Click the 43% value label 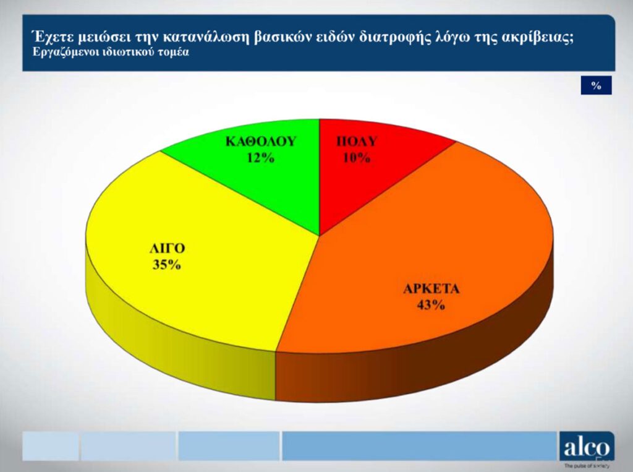(431, 305)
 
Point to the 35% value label (167, 265)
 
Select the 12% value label (260, 157)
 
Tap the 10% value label (357, 157)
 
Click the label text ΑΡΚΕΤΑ (431, 289)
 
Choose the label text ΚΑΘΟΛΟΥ (261, 142)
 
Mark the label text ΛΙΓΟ (167, 248)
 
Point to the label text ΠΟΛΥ (357, 142)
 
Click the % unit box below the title (597, 85)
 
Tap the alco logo (587, 448)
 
